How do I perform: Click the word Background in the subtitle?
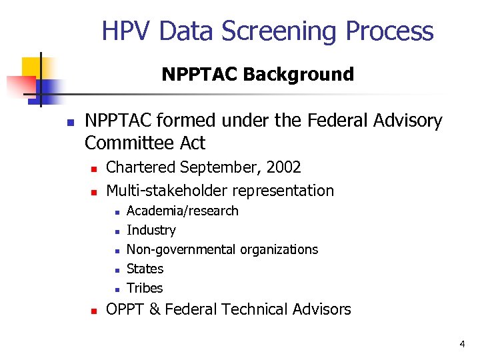[x=298, y=74]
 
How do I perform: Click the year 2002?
[x=283, y=167]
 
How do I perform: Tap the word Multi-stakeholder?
[x=167, y=191]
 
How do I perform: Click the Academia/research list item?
[x=182, y=211]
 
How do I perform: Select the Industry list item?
[x=151, y=230]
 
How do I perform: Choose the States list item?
[x=145, y=269]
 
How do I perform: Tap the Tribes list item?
[x=145, y=288]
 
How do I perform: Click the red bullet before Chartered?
[x=95, y=169]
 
